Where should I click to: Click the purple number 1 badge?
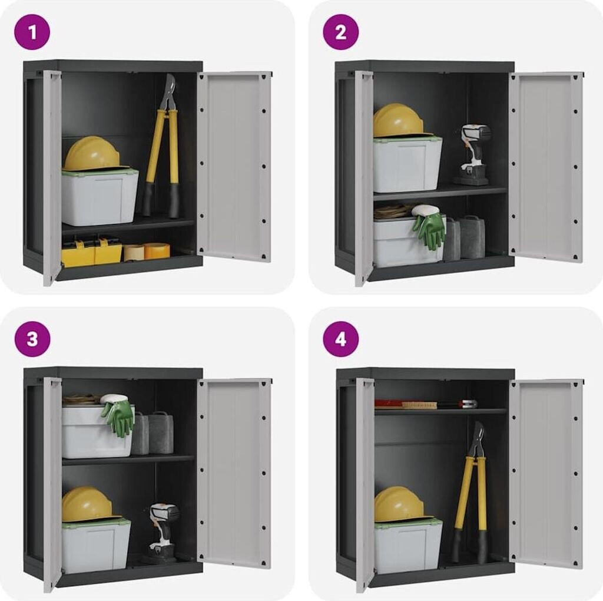[x=32, y=32]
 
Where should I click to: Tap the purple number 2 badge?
[x=341, y=32]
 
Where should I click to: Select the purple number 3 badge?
[x=32, y=339]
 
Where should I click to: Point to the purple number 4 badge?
[x=341, y=339]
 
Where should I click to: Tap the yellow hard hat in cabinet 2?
[x=399, y=120]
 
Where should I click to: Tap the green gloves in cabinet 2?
[x=428, y=226]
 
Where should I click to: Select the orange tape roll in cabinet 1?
[x=157, y=250]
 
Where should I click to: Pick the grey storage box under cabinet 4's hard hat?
[x=408, y=546]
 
